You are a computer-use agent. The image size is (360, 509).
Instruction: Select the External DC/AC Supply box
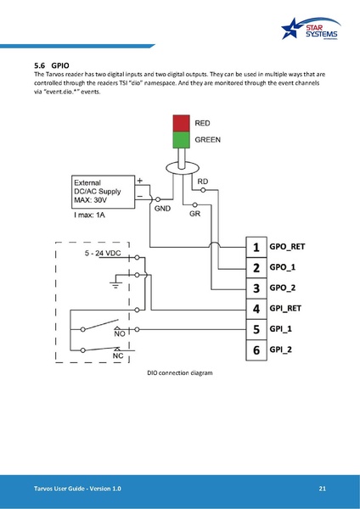(105, 194)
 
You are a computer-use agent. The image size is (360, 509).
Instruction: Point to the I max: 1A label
(94, 217)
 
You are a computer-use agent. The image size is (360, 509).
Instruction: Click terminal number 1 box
(256, 247)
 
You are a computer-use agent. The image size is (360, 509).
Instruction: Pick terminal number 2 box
(256, 267)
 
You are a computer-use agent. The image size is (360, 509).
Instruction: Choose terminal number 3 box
(256, 288)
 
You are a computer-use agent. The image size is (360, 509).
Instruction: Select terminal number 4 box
(256, 308)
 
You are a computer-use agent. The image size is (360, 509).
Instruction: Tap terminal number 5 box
(256, 328)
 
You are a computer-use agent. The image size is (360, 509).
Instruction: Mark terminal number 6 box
(256, 349)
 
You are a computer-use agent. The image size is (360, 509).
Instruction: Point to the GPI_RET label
(284, 308)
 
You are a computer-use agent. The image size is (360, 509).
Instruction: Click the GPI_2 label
(281, 349)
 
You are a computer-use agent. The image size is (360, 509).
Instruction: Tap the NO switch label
(120, 334)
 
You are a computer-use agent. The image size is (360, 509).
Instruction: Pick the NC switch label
(120, 356)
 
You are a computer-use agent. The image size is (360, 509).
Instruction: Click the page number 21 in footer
(323, 489)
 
